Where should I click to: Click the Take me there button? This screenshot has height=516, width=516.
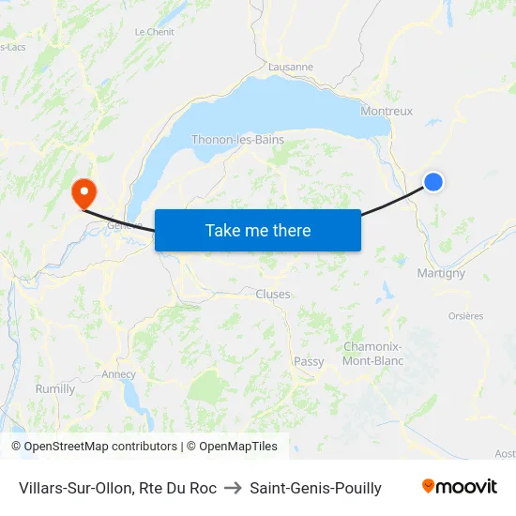tap(258, 230)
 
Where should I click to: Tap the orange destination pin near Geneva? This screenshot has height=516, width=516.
tap(83, 192)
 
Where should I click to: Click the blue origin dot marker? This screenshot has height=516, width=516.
tap(433, 182)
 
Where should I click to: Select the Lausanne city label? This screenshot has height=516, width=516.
tap(291, 67)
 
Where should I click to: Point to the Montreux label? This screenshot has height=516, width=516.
tap(387, 111)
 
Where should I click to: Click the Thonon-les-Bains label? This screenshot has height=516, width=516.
tap(237, 140)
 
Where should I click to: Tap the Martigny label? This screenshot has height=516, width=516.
tap(441, 273)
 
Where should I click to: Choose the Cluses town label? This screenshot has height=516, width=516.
tap(273, 294)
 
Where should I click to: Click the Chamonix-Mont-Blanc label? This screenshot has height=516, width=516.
tap(373, 354)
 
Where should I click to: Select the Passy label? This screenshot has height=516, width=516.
tap(309, 361)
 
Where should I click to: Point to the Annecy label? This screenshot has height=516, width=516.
tap(119, 374)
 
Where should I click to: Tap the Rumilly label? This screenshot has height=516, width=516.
tap(55, 388)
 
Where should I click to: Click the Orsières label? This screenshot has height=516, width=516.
tap(465, 316)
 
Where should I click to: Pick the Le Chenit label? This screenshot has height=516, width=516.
tap(154, 31)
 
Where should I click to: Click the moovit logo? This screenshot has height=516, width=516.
tap(460, 487)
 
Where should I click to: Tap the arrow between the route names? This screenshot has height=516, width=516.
tap(233, 488)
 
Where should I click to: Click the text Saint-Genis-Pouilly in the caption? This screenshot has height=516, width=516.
tap(315, 488)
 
